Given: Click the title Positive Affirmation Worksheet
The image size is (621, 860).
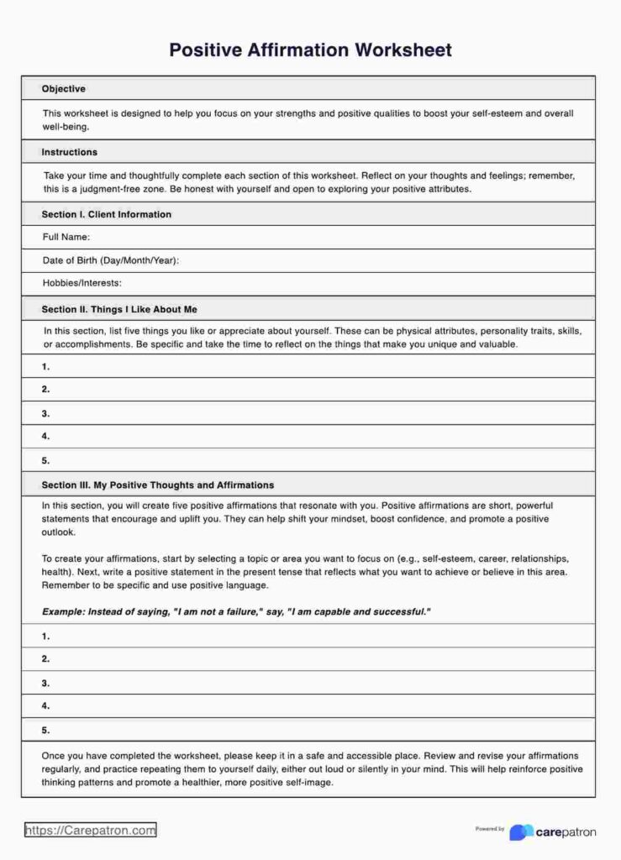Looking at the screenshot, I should click(x=310, y=50).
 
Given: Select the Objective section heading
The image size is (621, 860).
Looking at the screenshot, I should click(x=64, y=89).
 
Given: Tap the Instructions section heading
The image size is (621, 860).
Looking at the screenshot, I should click(x=70, y=152).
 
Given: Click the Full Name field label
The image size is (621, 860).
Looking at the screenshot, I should click(x=66, y=238).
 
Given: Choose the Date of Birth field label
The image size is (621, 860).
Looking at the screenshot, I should click(x=111, y=261).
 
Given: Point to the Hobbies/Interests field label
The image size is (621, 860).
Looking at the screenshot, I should click(x=82, y=284).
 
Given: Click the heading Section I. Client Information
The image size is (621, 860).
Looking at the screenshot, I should click(x=107, y=215).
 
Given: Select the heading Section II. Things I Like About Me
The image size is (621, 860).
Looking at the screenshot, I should click(x=119, y=310).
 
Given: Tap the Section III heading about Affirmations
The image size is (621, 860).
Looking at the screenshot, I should click(x=158, y=485).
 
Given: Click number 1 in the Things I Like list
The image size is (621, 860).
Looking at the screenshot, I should click(x=46, y=367).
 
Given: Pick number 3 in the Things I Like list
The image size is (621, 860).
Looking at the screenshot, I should click(x=46, y=414).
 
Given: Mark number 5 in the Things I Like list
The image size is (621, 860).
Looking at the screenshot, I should click(x=46, y=461).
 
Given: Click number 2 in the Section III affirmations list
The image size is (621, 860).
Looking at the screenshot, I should click(x=46, y=659).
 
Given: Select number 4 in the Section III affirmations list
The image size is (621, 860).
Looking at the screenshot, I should click(x=46, y=706).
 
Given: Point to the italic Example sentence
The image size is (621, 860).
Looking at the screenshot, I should click(x=236, y=612).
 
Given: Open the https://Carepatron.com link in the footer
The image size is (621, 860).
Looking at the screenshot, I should click(x=90, y=831).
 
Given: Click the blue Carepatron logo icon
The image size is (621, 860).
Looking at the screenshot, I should click(x=521, y=832).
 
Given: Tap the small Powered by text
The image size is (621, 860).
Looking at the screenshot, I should click(x=490, y=829).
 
